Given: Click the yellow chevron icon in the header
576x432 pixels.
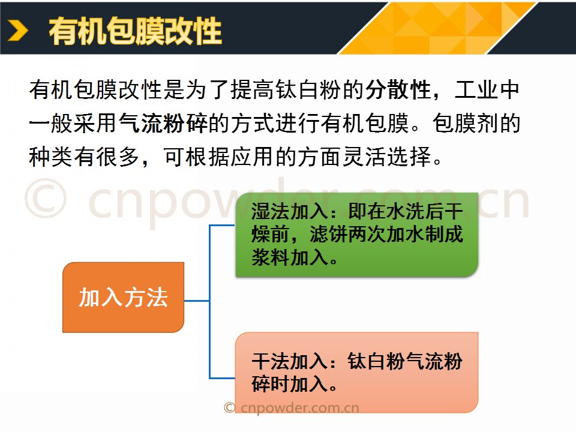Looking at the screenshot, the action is coord(18,31).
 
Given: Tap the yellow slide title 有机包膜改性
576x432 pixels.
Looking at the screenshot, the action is coord(135,31).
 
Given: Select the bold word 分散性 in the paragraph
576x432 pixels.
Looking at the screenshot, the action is coord(398,89).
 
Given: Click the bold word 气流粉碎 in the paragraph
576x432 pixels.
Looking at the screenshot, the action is coord(163,122).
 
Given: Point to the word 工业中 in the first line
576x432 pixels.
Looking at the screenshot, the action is coord(487,89).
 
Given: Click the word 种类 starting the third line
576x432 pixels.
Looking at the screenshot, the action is coord(51,157).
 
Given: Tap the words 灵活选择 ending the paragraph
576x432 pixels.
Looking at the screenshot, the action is coord(387,157).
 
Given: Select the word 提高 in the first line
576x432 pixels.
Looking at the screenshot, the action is coord(253,89).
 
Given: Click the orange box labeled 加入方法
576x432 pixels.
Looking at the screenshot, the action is coord(123,297).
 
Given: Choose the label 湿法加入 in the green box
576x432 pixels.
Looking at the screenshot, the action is coord(289,212).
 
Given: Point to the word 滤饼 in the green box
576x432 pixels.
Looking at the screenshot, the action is coord(328,235).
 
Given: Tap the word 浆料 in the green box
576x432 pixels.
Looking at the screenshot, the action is coord(271,257).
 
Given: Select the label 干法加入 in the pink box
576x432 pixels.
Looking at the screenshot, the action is coord(289,361).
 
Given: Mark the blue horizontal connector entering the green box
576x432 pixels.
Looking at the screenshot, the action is coord(222,225).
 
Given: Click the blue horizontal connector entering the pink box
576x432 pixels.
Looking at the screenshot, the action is coord(222,377).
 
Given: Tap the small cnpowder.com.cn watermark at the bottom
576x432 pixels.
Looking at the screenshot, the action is coord(292,408).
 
